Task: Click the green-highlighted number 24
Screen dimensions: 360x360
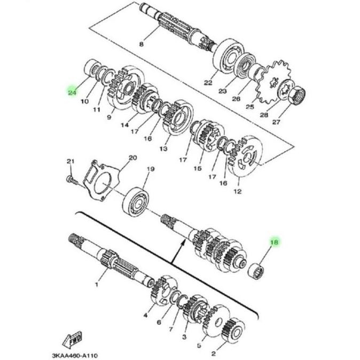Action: [72, 92]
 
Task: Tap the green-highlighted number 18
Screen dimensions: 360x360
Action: [275, 243]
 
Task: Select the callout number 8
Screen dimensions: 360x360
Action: [141, 44]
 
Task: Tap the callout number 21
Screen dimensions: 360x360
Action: [69, 162]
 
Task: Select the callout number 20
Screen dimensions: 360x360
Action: [133, 158]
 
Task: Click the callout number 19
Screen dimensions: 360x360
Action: [150, 169]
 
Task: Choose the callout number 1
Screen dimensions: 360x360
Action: [97, 285]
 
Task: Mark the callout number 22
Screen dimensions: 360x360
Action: [208, 83]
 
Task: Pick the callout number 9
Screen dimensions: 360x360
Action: [109, 117]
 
